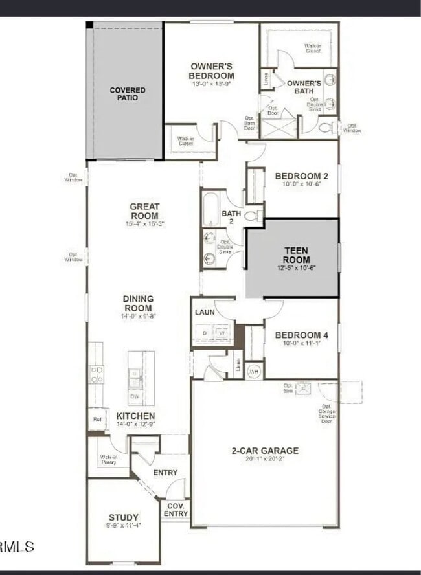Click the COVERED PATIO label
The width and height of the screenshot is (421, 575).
click(x=128, y=94)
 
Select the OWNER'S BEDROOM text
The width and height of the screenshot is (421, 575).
click(x=211, y=71)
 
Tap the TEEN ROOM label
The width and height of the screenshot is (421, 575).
click(x=295, y=254)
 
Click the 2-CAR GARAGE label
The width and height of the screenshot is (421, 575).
click(x=265, y=451)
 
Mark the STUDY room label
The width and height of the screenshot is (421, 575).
click(x=123, y=517)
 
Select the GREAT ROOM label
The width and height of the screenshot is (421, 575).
click(x=144, y=211)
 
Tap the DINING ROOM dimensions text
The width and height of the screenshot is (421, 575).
click(x=138, y=316)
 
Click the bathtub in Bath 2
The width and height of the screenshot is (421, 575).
click(x=212, y=209)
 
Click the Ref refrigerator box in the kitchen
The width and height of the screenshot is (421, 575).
click(x=97, y=419)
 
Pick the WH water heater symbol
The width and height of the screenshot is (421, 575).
click(x=254, y=371)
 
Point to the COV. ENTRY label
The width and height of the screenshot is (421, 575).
click(x=176, y=510)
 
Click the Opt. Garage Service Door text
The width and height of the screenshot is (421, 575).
click(x=327, y=414)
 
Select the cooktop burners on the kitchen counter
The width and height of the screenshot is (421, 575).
click(x=96, y=374)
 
